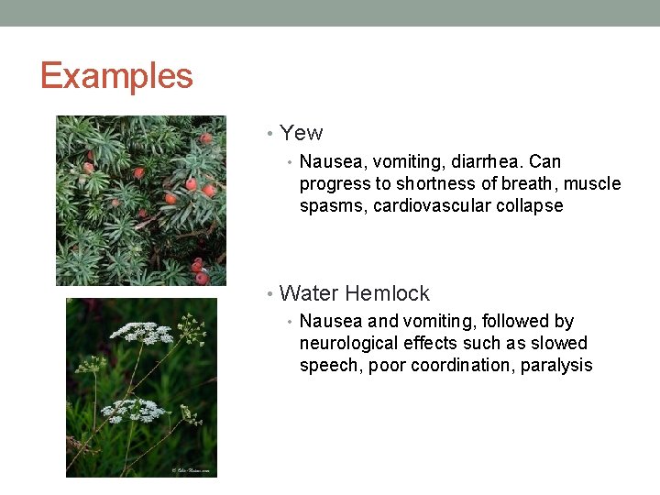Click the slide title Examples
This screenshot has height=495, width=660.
point(116,75)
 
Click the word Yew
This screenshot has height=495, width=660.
point(302,133)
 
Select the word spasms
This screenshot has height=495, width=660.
point(333,206)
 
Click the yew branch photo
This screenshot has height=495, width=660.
point(140,200)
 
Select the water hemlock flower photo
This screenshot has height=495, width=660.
point(141,387)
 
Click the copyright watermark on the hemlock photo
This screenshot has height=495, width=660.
point(192,471)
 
